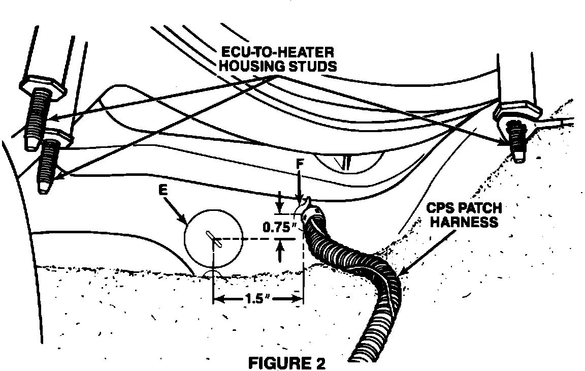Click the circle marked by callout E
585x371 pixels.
(212, 238)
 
